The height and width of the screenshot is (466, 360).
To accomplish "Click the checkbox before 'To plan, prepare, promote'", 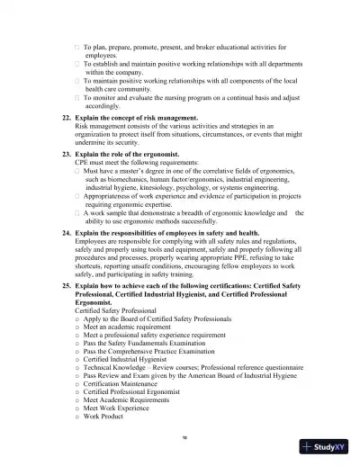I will tap(76, 45).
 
